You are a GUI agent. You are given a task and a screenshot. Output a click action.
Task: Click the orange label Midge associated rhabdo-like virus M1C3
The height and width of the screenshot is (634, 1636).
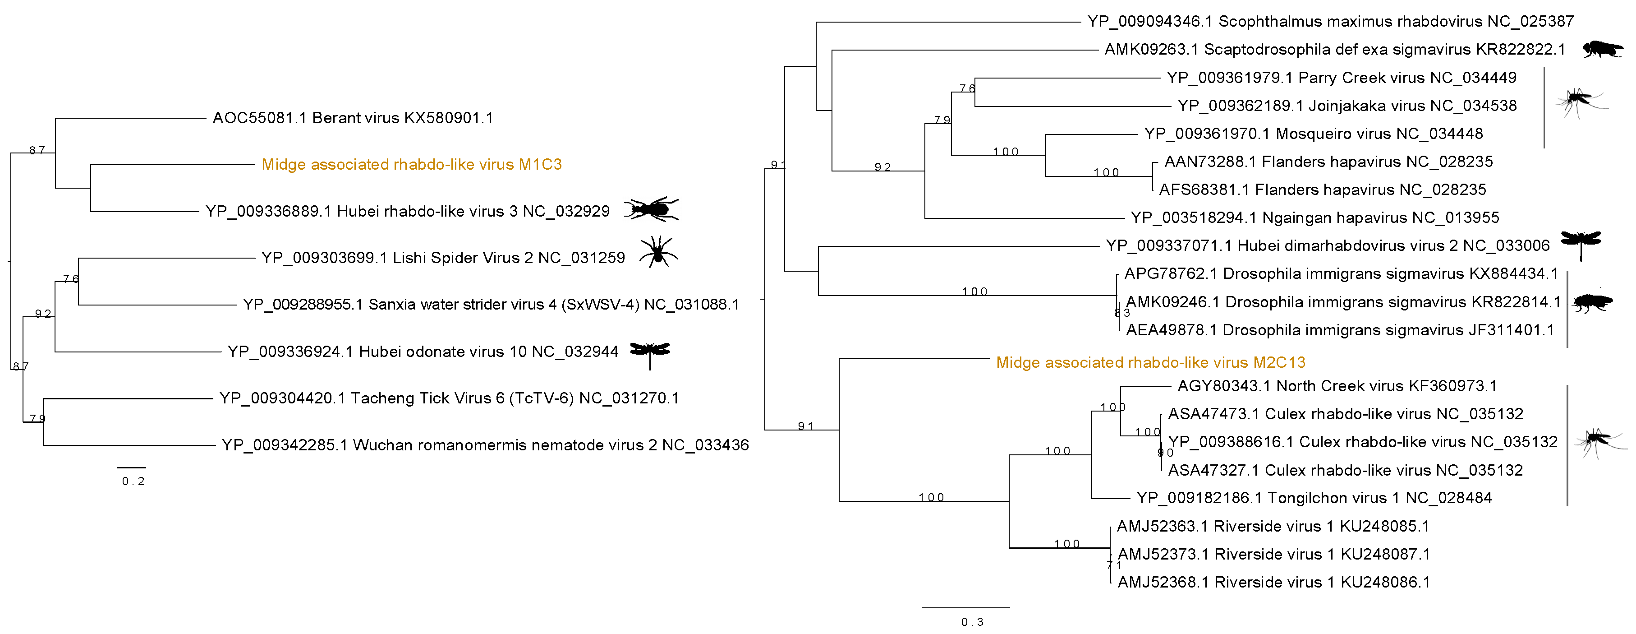pyautogui.click(x=412, y=165)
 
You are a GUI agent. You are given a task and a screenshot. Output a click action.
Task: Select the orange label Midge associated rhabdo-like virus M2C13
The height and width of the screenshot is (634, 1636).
pyautogui.click(x=1150, y=363)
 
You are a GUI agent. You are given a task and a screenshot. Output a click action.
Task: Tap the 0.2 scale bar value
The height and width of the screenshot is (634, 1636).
pyautogui.click(x=133, y=481)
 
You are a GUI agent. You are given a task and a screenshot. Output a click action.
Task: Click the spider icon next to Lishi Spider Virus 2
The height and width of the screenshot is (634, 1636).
pyautogui.click(x=658, y=253)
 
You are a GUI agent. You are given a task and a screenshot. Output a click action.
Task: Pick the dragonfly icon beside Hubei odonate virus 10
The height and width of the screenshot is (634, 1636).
pyautogui.click(x=650, y=352)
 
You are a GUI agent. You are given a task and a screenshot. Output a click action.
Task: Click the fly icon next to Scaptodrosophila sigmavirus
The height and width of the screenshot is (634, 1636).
pyautogui.click(x=1602, y=49)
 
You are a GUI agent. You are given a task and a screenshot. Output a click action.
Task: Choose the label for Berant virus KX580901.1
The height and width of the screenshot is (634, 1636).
pyautogui.click(x=353, y=118)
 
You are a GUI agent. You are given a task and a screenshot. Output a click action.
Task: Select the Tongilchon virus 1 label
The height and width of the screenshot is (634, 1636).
pyautogui.click(x=1314, y=498)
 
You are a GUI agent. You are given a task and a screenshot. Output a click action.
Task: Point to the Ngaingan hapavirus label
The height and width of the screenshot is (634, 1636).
pyautogui.click(x=1314, y=218)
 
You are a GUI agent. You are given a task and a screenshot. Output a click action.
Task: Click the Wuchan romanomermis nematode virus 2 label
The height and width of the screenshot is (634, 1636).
pyautogui.click(x=485, y=445)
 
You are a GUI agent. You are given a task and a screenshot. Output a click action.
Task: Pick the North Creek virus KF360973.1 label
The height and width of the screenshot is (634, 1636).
pyautogui.click(x=1337, y=386)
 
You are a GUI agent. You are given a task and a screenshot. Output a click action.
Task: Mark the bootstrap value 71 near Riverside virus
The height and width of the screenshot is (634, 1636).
pyautogui.click(x=1114, y=565)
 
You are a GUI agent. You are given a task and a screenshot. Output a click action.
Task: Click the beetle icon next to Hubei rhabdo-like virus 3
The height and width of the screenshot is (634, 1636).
pyautogui.click(x=651, y=209)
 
